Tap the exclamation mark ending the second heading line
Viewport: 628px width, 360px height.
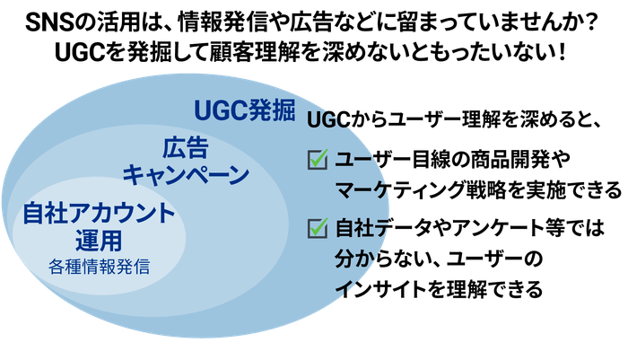tap(561, 52)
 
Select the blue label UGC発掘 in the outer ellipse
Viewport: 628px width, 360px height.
tap(245, 110)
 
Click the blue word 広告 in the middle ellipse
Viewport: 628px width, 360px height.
tap(186, 147)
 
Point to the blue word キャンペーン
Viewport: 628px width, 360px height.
tap(186, 175)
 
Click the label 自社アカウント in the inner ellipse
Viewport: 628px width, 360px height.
tap(99, 213)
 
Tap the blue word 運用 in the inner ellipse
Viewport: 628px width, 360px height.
tap(99, 240)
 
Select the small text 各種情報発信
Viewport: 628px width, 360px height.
tap(99, 267)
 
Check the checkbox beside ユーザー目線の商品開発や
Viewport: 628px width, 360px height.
tap(318, 160)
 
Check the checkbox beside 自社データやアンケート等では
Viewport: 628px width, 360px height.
tap(318, 228)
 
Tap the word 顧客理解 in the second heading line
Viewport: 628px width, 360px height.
tap(254, 52)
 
